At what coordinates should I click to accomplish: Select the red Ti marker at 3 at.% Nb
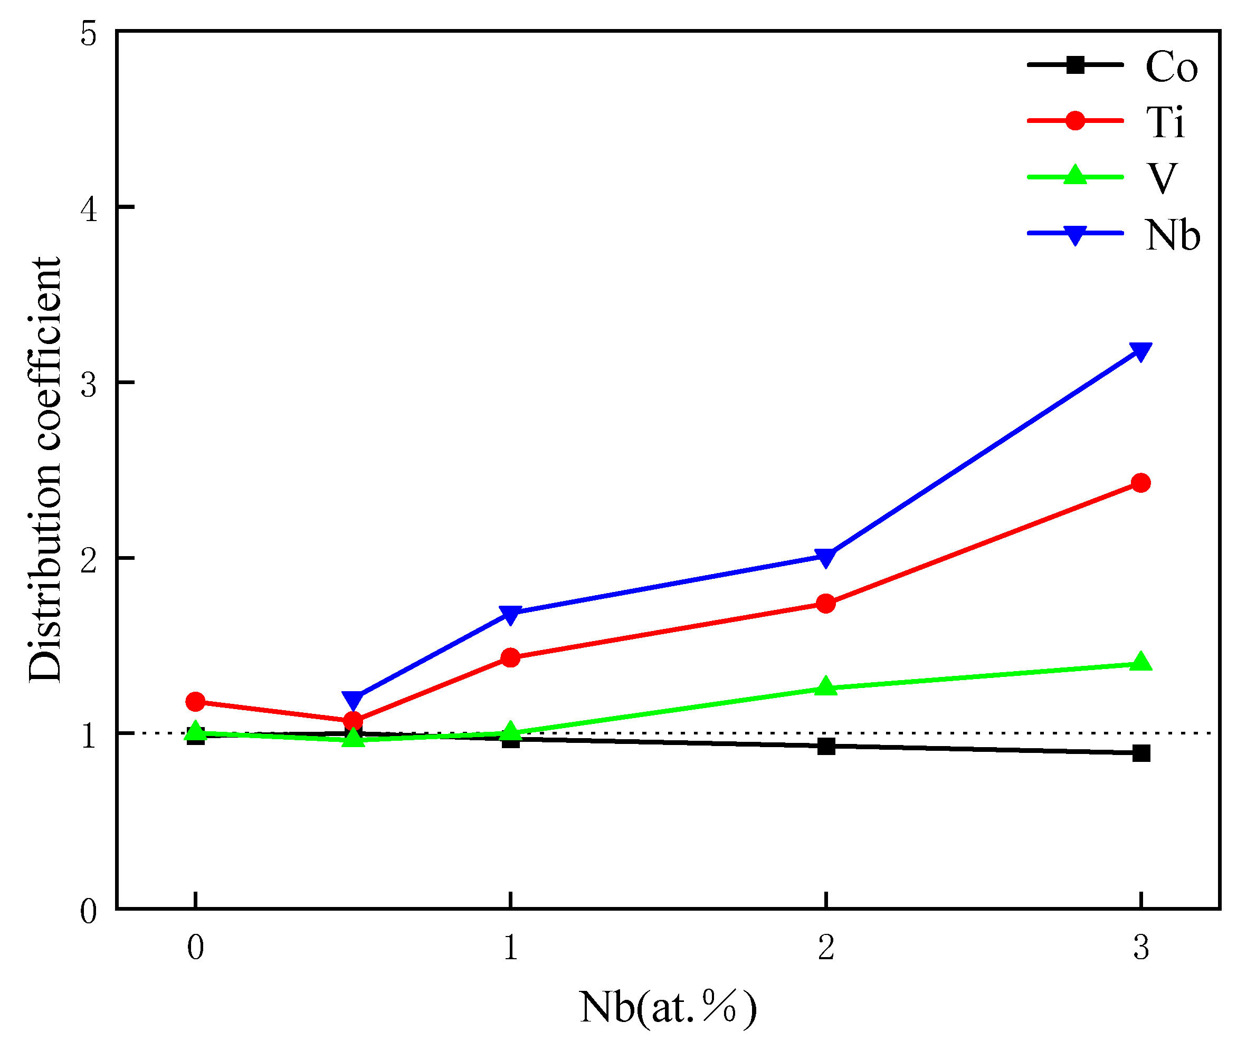[1141, 483]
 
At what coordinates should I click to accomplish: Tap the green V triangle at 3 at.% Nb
[1141, 662]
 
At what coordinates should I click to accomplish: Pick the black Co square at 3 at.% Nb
[1141, 753]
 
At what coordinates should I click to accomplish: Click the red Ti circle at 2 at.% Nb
[826, 603]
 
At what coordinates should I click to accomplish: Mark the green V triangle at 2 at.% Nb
[826, 686]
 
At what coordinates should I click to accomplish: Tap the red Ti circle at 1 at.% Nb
[510, 657]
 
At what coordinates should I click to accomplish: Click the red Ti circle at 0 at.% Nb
[195, 702]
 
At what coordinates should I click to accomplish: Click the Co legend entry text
[1171, 66]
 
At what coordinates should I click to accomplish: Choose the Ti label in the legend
[1165, 123]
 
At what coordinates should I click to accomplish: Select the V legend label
[1162, 178]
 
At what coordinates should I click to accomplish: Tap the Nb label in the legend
[1172, 235]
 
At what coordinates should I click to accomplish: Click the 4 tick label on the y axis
[89, 208]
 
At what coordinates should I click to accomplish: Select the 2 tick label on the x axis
[826, 948]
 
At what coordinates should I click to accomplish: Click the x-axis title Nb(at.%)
[668, 1007]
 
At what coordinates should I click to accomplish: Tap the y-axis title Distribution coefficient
[45, 470]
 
